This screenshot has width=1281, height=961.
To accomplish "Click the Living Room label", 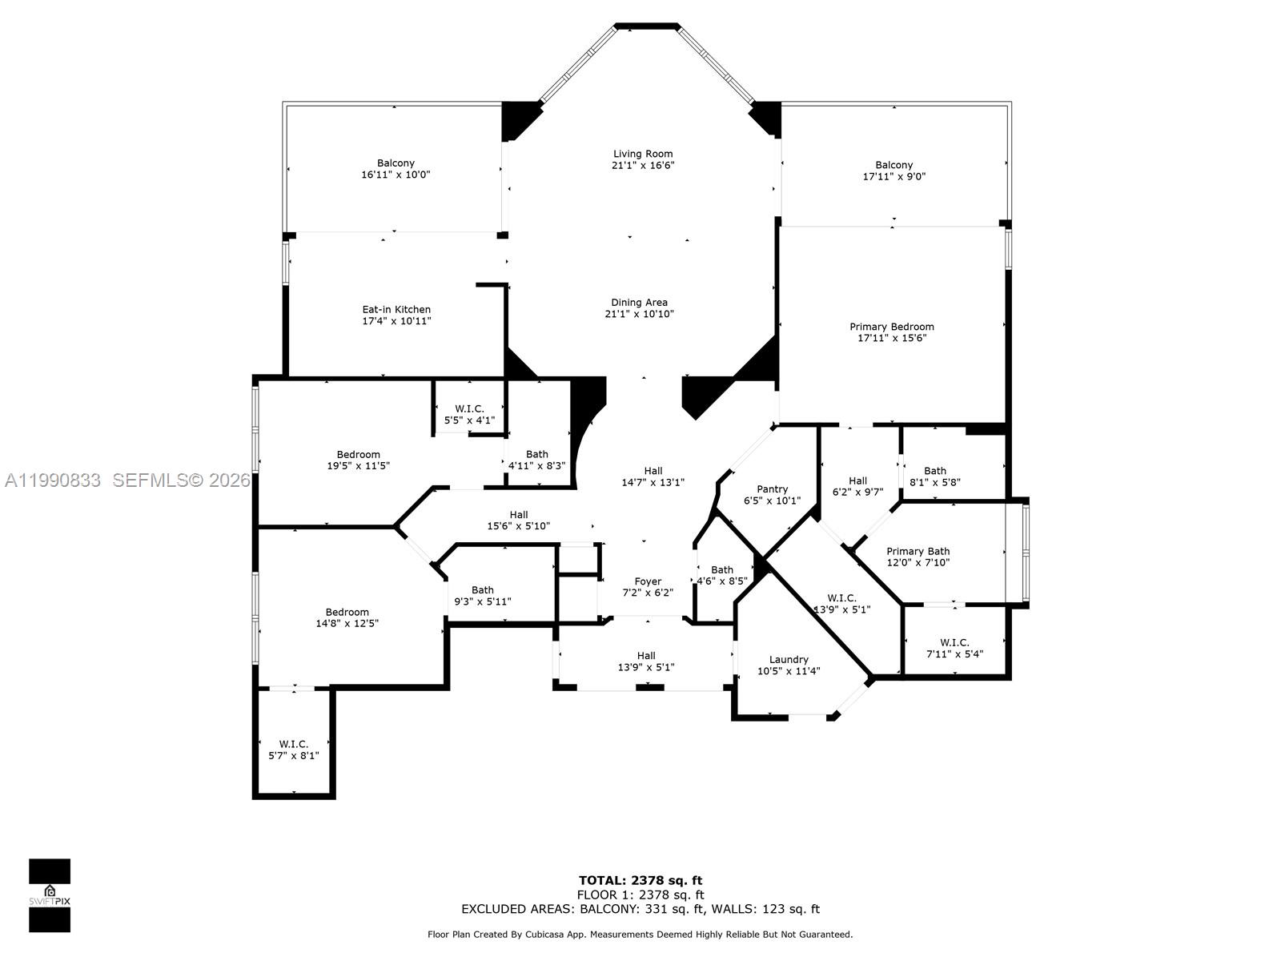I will pos(642,154).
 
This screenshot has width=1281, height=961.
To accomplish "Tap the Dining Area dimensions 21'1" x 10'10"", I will pos(639,314).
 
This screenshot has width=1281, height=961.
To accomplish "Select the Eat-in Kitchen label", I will pos(396,309).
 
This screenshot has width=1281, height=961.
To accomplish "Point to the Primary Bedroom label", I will pos(891,327).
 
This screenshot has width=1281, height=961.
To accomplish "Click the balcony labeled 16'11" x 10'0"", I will pos(396,168).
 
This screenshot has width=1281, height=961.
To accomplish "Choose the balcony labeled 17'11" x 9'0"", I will pos(893,171).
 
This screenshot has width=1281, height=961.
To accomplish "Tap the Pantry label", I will pos(772,489).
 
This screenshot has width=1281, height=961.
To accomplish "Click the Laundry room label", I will pos(789,660).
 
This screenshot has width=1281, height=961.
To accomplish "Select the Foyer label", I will pos(648,581).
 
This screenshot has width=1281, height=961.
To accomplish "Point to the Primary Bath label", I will pos(918,551).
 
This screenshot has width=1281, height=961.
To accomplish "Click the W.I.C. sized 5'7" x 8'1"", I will pos(293,750).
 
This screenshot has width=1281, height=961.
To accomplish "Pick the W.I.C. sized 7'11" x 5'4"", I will pos(954,648).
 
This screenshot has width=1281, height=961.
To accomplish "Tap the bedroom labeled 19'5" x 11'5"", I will pos(358,460).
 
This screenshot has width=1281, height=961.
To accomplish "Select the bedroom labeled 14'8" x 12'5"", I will pos(347,617).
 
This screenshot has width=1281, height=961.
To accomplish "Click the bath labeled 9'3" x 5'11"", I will pos(482,596).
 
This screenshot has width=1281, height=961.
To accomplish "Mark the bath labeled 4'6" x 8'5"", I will pos(721,576).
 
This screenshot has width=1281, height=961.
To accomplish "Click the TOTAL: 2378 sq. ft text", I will pos(640,880).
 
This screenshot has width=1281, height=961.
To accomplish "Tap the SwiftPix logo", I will pos(50,895).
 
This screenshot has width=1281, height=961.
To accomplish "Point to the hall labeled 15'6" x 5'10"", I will pos(518,521).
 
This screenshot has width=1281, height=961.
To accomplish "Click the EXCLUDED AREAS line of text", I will pos(640,909).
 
